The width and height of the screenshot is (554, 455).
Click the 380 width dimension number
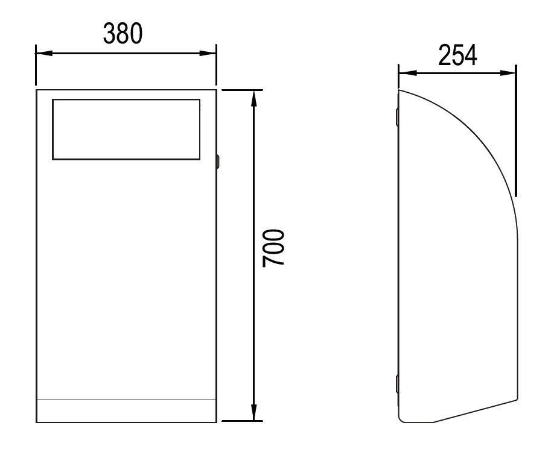[x=123, y=34]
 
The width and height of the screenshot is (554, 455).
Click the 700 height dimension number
[x=273, y=248]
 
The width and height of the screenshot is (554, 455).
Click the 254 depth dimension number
[x=457, y=55]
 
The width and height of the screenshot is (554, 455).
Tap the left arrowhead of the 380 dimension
[x=44, y=53]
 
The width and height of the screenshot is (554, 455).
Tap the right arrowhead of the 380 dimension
[x=208, y=53]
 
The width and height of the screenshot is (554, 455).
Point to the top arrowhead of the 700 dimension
[x=253, y=98]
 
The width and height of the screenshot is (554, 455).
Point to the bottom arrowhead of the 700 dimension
[x=253, y=412]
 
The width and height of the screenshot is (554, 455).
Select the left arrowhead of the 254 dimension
[x=407, y=73]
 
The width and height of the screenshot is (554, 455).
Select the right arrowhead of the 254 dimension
[x=508, y=73]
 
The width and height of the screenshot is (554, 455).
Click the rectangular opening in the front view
[x=126, y=130]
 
